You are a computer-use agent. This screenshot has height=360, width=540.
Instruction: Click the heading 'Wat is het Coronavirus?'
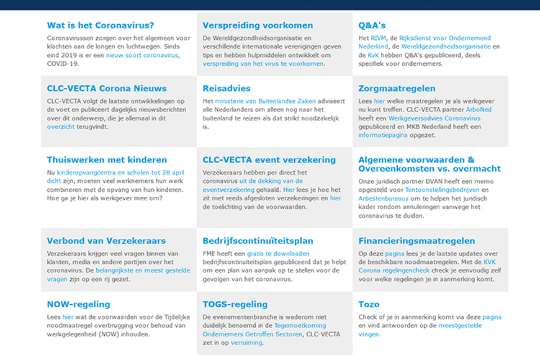click(100, 25)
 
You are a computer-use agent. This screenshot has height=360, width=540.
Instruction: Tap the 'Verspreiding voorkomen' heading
click(258, 25)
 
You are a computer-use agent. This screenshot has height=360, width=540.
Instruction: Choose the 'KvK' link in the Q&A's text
click(373, 55)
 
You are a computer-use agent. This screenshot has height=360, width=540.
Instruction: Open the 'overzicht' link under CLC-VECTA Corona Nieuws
click(61, 127)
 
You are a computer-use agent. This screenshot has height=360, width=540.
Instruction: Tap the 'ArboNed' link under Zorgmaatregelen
click(478, 110)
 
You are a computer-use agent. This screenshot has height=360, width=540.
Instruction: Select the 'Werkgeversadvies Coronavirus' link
click(426, 119)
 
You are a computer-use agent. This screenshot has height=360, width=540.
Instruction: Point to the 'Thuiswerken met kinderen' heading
click(107, 160)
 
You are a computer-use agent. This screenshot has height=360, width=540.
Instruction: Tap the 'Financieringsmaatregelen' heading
click(417, 241)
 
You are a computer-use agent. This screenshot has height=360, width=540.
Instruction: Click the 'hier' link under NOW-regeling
click(68, 317)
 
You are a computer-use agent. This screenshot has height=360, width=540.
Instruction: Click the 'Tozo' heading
click(369, 304)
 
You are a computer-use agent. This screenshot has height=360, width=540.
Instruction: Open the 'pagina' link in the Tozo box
click(492, 317)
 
